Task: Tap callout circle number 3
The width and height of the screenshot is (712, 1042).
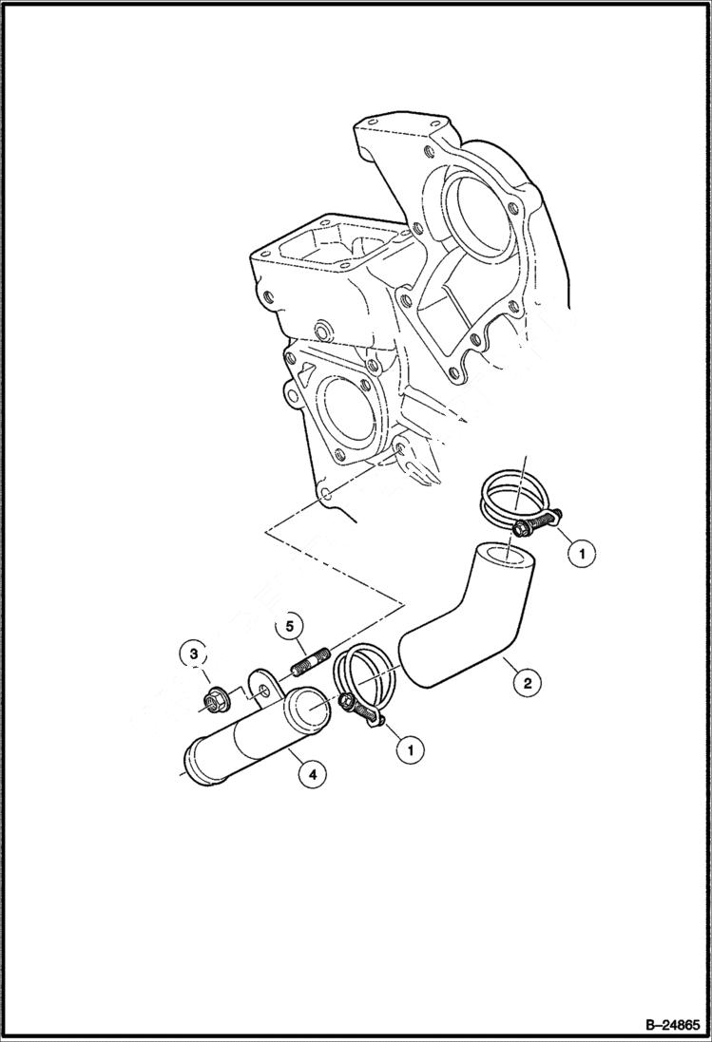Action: pyautogui.click(x=193, y=654)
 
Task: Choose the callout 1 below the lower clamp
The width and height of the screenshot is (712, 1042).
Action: pyautogui.click(x=410, y=749)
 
